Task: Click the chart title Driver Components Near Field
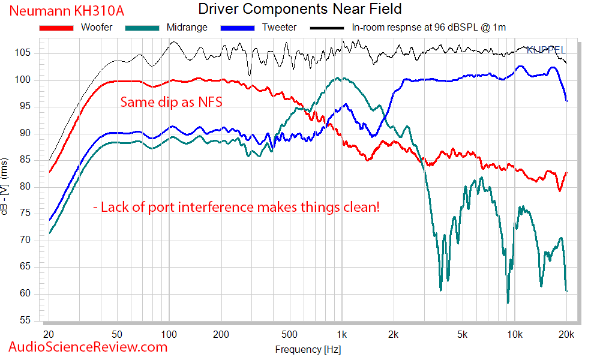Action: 299,9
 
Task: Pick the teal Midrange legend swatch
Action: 143,28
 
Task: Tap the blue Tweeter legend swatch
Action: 238,28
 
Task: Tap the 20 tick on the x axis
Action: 49,334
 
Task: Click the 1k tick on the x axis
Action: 342,334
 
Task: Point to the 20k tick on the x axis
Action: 566,334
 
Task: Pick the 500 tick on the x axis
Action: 290,334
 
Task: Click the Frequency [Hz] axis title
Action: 308,349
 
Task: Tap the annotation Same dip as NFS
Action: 171,102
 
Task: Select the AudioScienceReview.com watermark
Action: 88,347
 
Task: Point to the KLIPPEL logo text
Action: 545,50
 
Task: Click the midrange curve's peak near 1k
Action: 338,78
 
